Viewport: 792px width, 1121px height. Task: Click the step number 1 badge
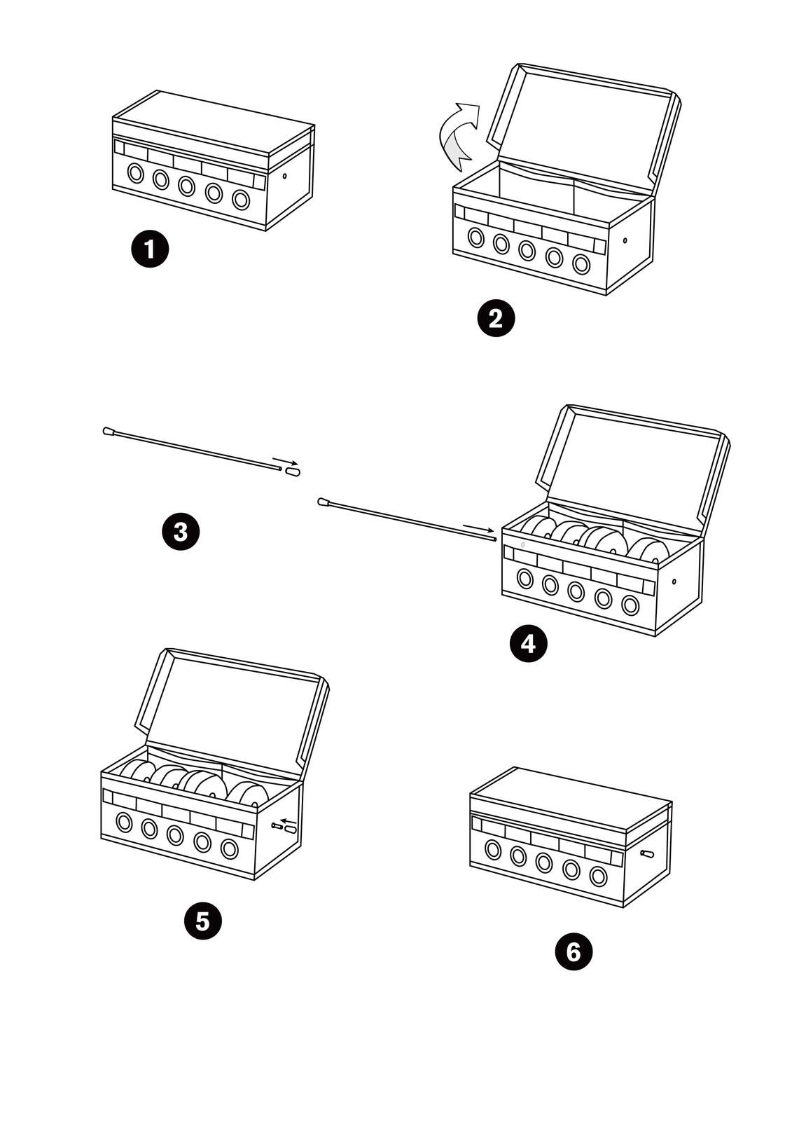click(150, 249)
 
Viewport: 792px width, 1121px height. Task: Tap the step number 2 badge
click(495, 319)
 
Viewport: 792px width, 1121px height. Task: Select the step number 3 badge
click(181, 532)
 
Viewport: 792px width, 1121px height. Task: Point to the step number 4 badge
click(528, 643)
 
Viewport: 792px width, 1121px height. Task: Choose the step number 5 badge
click(202, 921)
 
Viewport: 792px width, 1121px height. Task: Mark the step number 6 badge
click(573, 952)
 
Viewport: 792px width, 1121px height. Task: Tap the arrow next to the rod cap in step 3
click(286, 462)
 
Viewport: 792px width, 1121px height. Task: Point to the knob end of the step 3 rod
click(109, 432)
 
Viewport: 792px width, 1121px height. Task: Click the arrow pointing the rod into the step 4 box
click(478, 528)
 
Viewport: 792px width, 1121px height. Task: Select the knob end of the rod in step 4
click(324, 502)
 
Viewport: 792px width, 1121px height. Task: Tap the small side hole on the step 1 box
click(284, 176)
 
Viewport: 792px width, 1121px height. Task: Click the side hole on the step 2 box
click(625, 241)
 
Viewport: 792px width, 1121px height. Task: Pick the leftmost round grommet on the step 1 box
click(135, 173)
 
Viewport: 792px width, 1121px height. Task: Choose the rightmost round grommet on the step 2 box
click(581, 264)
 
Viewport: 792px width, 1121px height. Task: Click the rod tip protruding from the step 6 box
click(647, 854)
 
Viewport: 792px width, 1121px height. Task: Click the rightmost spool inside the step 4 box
click(646, 549)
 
